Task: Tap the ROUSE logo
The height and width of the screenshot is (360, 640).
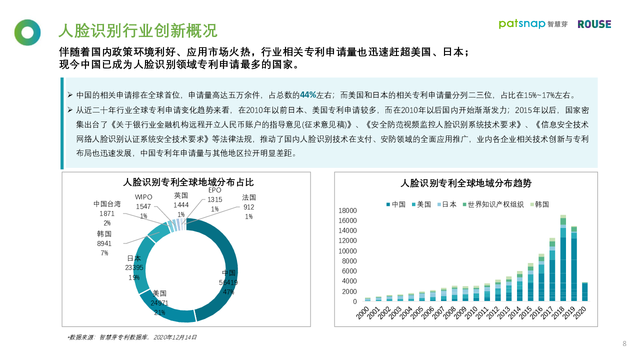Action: pos(594,24)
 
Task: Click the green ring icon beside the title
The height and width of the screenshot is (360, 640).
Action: pos(27,32)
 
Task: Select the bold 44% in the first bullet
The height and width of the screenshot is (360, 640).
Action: pos(307,95)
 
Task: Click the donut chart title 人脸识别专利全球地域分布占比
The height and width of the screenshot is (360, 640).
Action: pos(188,182)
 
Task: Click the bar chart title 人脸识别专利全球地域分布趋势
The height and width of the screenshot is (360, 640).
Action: pos(466,183)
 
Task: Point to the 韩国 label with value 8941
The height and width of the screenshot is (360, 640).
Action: pos(104,234)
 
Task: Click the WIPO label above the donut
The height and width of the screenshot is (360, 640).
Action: pos(143,197)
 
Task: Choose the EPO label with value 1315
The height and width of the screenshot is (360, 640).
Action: pos(214,190)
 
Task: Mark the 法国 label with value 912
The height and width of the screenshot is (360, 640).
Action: pos(249,197)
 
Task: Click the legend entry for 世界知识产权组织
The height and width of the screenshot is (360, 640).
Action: pos(492,204)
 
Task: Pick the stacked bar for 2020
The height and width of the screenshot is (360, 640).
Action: pos(584,292)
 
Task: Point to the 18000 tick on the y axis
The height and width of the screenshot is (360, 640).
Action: pos(347,210)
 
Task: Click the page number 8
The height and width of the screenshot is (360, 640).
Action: pos(624,343)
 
